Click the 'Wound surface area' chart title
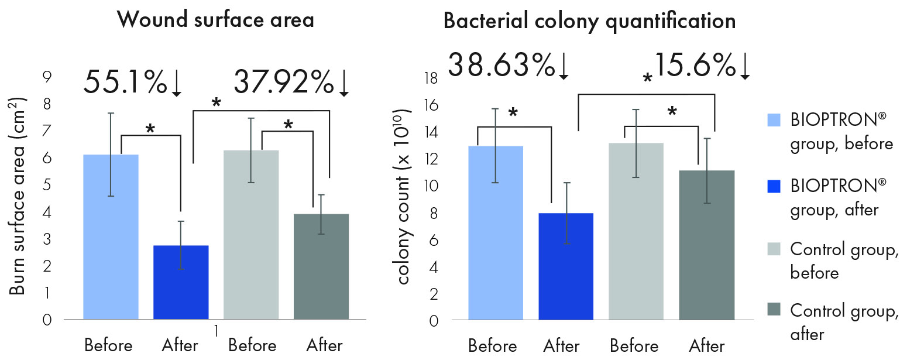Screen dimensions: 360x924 pyautogui.click(x=215, y=20)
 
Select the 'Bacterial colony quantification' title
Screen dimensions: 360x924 pyautogui.click(x=589, y=21)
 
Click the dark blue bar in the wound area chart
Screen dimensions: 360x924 pyautogui.click(x=181, y=282)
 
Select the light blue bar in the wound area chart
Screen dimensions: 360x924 pyautogui.click(x=111, y=237)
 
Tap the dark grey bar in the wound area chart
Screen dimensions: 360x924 pyautogui.click(x=321, y=266)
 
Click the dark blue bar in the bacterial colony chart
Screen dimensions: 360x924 pyautogui.click(x=566, y=266)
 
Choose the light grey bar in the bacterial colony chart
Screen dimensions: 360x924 pyautogui.click(x=636, y=231)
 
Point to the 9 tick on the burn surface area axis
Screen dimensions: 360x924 pyautogui.click(x=47, y=77)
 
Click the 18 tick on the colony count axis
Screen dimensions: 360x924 pyautogui.click(x=431, y=78)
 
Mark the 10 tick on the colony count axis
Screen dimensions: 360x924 pyautogui.click(x=431, y=186)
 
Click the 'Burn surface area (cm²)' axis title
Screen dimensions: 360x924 pyautogui.click(x=17, y=196)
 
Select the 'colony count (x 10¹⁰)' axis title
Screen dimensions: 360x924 pyautogui.click(x=402, y=196)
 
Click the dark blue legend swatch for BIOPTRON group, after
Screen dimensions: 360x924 pyautogui.click(x=774, y=186)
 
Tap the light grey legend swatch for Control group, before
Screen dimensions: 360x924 pyautogui.click(x=774, y=249)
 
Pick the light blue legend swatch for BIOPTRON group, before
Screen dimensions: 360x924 pyautogui.click(x=774, y=120)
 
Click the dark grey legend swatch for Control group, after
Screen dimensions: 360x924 pyautogui.click(x=774, y=310)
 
